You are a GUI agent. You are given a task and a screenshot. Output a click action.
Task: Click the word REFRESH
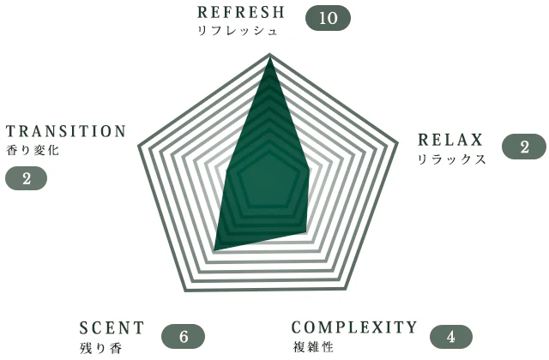(240, 12)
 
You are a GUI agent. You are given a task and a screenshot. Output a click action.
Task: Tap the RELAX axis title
(450, 140)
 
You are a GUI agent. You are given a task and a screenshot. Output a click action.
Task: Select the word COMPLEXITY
(354, 327)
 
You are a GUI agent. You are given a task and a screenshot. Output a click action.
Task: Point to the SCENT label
(112, 328)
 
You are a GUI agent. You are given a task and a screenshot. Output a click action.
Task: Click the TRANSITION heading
(66, 131)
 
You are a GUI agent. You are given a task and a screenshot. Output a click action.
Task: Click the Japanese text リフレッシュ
(238, 31)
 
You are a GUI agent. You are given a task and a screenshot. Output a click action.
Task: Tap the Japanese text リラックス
(452, 159)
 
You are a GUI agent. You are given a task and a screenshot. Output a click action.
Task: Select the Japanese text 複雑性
(313, 347)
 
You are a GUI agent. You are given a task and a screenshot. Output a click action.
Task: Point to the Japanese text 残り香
(101, 348)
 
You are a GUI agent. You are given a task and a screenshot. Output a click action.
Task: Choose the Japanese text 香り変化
(33, 151)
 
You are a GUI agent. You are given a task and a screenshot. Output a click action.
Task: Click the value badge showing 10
(328, 18)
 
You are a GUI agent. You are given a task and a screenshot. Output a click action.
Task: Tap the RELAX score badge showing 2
(524, 147)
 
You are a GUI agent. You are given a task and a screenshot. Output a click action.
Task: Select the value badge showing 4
(451, 337)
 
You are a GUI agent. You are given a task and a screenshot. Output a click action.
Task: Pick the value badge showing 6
(183, 336)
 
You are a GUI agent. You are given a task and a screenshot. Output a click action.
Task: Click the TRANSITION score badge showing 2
(27, 178)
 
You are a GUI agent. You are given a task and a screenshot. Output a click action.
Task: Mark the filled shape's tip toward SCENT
(214, 250)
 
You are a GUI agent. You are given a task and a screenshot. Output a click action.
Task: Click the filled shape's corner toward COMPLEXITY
(306, 231)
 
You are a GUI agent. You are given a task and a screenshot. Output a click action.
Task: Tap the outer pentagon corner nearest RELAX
(398, 143)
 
